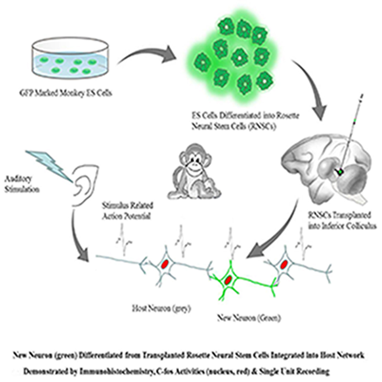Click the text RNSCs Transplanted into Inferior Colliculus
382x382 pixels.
pyautogui.click(x=325, y=219)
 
